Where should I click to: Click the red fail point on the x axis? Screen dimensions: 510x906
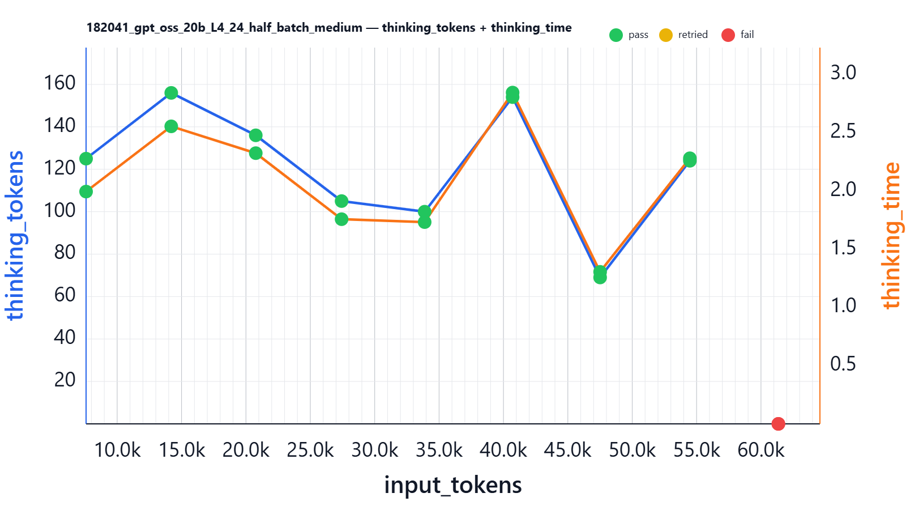tap(778, 424)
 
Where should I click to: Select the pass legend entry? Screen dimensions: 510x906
tap(629, 35)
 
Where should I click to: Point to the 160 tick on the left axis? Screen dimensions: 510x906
tap(59, 83)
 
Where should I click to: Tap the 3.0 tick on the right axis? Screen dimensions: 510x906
tap(843, 73)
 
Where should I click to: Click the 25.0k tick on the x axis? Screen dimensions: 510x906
tap(310, 450)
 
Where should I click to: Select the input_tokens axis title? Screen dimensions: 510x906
tap(453, 485)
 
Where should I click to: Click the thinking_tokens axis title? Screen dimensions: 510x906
tap(15, 235)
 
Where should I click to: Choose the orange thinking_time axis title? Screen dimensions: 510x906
tap(891, 235)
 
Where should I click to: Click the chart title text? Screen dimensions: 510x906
tap(328, 28)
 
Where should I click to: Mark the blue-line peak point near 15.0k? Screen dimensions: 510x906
tap(171, 93)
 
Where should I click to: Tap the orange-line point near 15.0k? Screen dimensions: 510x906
tap(171, 126)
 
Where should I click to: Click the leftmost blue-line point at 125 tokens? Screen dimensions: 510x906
tap(86, 159)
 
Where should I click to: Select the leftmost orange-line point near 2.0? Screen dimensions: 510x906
tap(86, 192)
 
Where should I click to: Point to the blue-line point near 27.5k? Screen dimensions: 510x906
tap(341, 201)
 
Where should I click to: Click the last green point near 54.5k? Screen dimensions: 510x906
tap(690, 159)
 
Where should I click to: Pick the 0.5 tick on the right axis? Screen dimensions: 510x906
tap(843, 364)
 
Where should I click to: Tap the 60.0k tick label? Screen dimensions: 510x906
tap(760, 450)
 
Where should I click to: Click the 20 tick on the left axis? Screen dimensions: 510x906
tap(65, 380)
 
